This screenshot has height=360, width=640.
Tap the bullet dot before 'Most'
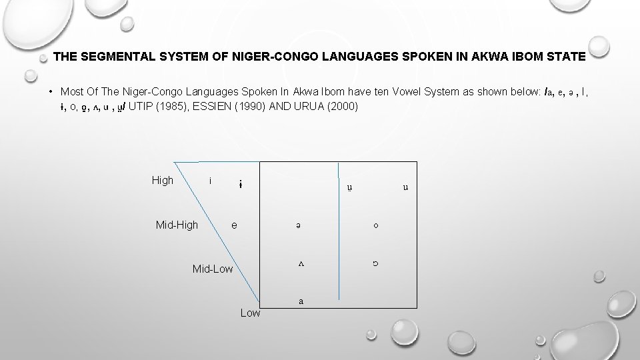[x=51, y=91]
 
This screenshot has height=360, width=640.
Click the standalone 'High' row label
[x=163, y=180]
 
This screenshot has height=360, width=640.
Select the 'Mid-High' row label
[x=177, y=225]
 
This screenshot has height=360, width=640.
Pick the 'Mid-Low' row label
[x=213, y=269]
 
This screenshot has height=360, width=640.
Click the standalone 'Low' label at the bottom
[x=250, y=313]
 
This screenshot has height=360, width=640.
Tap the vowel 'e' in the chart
[x=234, y=225]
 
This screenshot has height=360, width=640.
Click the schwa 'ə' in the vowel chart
[x=301, y=226]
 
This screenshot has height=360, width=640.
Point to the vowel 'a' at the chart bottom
[x=301, y=301]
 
